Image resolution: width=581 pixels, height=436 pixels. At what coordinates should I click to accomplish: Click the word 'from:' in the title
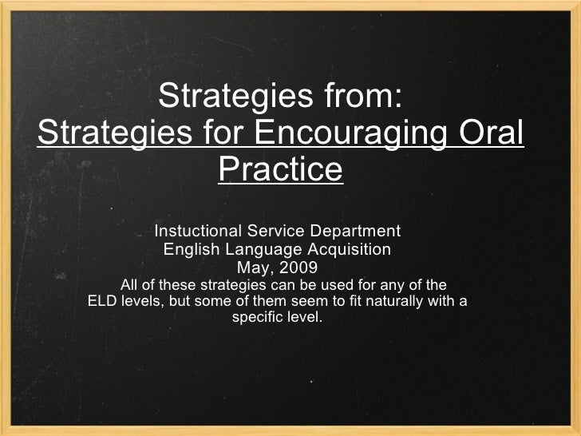pyautogui.click(x=358, y=97)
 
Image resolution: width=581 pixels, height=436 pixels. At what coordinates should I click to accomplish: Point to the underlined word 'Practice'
pyautogui.click(x=280, y=168)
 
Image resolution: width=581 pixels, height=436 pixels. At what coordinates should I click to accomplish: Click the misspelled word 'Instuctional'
pyautogui.click(x=198, y=232)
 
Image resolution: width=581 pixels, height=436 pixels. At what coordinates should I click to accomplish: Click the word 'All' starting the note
pyautogui.click(x=128, y=284)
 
